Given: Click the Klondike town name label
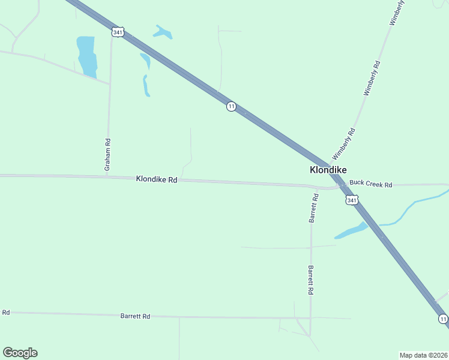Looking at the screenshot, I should [328, 170].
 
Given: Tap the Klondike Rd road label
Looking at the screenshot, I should [156, 179].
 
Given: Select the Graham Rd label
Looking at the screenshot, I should [108, 155].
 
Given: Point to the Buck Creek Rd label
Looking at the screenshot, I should [370, 184].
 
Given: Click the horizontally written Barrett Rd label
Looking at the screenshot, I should [135, 316].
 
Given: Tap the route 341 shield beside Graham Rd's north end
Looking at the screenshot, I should [118, 32].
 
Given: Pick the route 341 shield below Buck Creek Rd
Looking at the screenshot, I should [352, 200].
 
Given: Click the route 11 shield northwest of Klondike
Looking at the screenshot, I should [231, 107].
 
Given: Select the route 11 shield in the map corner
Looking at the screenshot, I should [442, 319].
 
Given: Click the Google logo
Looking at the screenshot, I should [20, 353].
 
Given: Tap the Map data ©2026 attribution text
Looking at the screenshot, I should [423, 355].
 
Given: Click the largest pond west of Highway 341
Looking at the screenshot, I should [87, 56].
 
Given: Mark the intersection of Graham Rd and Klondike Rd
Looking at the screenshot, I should [107, 176].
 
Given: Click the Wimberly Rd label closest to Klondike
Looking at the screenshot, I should [345, 143].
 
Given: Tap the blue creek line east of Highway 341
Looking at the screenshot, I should [414, 204].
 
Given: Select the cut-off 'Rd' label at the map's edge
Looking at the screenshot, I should [6, 313].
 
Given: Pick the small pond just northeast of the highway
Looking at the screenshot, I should [163, 32].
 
